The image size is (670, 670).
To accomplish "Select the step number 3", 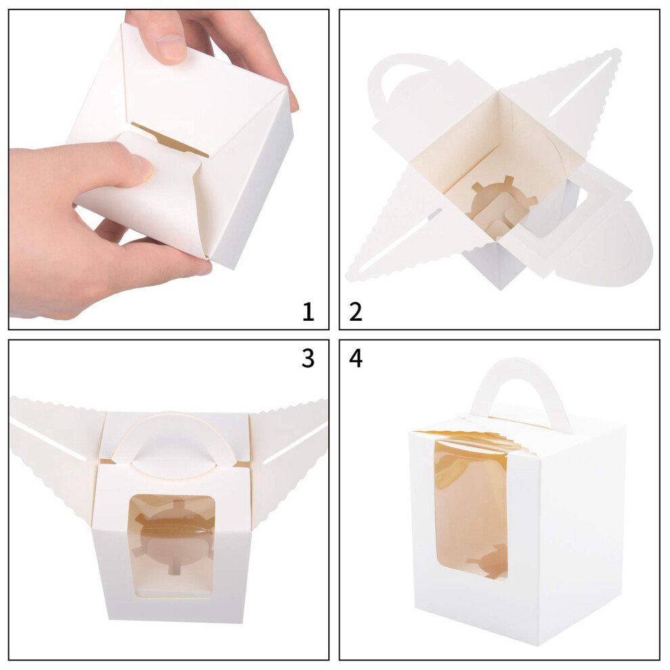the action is click(x=308, y=358).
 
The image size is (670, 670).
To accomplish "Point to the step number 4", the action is click(x=356, y=358).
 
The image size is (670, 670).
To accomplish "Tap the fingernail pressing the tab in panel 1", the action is click(x=144, y=166).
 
